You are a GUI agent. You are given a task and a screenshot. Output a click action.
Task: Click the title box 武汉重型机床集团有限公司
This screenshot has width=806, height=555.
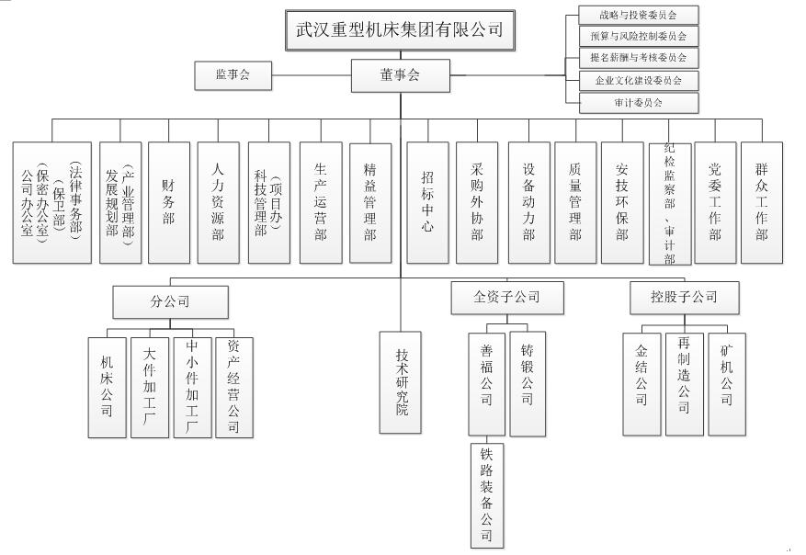(x=400, y=29)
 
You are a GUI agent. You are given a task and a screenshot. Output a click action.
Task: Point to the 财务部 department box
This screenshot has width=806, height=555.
(x=169, y=202)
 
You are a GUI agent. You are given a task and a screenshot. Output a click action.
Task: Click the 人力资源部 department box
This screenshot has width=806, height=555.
(x=218, y=202)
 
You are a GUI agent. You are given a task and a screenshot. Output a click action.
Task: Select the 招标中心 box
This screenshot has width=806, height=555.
(x=428, y=202)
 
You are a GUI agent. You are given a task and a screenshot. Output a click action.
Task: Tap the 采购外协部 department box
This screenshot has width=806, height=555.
(x=477, y=202)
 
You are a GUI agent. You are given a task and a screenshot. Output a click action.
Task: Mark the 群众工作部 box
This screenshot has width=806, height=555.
(x=762, y=202)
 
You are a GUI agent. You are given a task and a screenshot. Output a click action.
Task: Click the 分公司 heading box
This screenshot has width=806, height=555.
(x=170, y=300)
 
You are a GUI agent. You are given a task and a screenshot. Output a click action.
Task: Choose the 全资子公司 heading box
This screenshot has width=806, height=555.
(x=506, y=298)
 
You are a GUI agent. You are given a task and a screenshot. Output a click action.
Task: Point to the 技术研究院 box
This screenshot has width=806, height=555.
(x=402, y=381)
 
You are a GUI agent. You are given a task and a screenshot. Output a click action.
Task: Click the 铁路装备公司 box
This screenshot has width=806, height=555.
(x=486, y=494)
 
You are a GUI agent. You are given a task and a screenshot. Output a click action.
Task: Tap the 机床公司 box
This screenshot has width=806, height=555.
(x=108, y=386)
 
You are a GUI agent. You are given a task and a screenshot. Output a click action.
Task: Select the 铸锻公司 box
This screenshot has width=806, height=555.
(x=528, y=382)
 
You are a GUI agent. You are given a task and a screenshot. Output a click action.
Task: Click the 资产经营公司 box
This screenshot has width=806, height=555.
(x=233, y=386)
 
